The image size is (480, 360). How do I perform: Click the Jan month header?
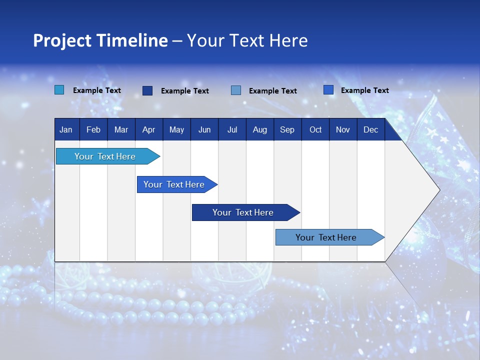pos(66,130)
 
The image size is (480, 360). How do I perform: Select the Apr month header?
pos(149,130)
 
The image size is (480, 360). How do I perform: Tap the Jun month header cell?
pos(204,130)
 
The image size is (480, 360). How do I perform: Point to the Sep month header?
pos(287,130)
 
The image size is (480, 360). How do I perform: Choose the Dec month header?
pos(370,130)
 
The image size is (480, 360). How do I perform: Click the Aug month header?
pos(259,130)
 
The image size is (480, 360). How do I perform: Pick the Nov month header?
pos(342,130)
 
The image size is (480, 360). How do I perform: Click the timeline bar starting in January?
pos(105,156)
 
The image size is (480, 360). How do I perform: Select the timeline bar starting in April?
pos(174,184)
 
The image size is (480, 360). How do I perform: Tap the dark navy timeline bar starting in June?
pos(243,212)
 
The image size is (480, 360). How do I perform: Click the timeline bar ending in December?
pos(326,237)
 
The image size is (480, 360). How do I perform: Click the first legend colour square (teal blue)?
pos(59,90)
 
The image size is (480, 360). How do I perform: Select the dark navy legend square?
pos(147,90)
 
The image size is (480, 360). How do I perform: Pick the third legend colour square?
pos(236,90)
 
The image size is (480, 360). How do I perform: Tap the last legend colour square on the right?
pos(328,90)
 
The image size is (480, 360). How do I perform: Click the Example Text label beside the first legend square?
pos(97,90)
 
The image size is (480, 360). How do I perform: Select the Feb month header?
pos(93,130)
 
